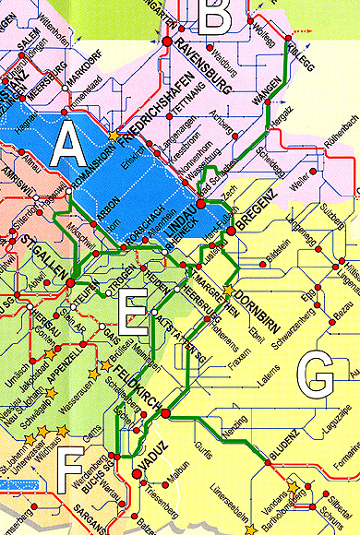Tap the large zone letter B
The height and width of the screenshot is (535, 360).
(x=215, y=16)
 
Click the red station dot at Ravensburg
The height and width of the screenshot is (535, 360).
(x=167, y=42)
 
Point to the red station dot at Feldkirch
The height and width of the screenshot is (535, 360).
(x=165, y=414)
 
